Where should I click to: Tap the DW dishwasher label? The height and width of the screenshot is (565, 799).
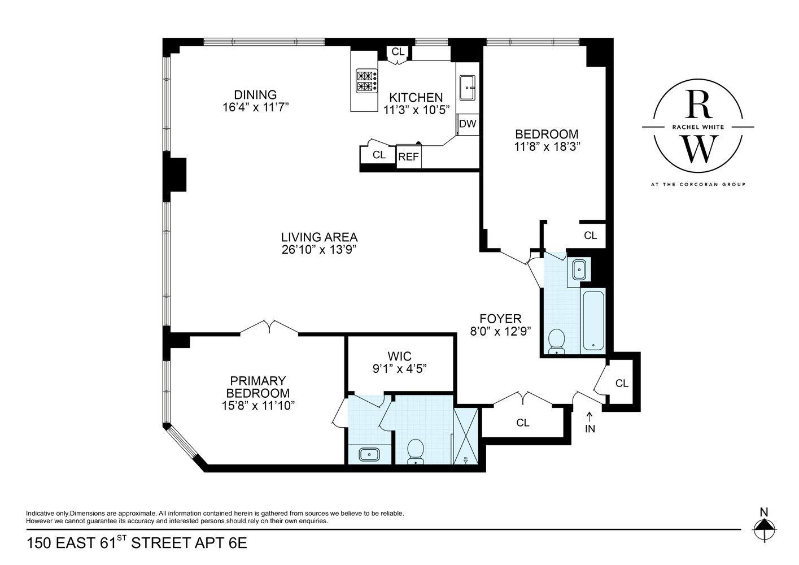(467, 124)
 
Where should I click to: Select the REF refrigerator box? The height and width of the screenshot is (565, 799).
(408, 157)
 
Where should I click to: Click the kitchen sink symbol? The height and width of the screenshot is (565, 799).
(468, 88)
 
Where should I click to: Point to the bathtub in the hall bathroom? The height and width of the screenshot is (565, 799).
(593, 320)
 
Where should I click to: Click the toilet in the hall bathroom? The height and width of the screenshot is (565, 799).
(557, 341)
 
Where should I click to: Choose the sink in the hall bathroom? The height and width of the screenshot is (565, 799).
(579, 269)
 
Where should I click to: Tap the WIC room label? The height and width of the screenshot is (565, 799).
(399, 357)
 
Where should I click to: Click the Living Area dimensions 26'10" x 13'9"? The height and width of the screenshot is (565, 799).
(319, 250)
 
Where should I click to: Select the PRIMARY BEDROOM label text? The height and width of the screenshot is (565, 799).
(258, 387)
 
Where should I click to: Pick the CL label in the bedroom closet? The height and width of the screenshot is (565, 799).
(590, 236)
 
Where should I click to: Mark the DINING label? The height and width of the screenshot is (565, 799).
(255, 95)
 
